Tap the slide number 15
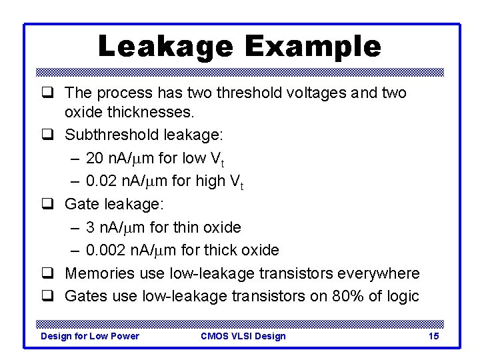[x=433, y=336]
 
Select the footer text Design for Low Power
[x=90, y=336]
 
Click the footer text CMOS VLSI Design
[x=243, y=336]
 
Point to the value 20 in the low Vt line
[x=95, y=158]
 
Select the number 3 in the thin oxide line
[x=91, y=227]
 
